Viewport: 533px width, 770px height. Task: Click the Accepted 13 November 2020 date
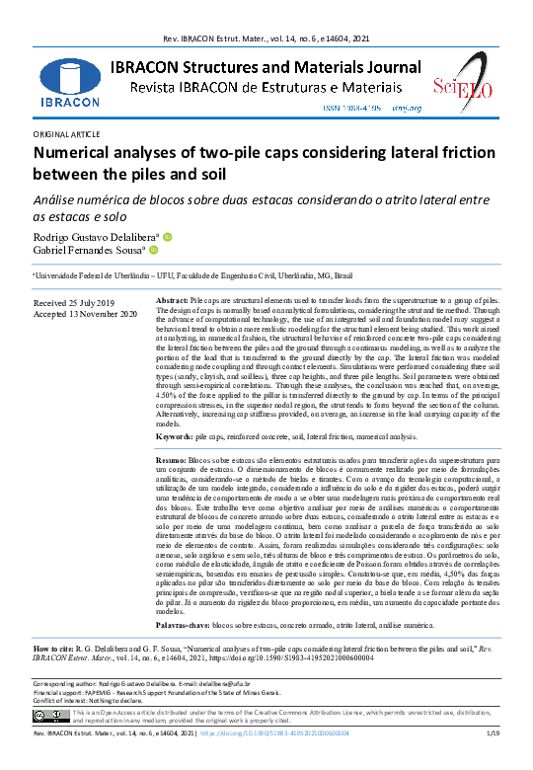[x=86, y=313]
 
